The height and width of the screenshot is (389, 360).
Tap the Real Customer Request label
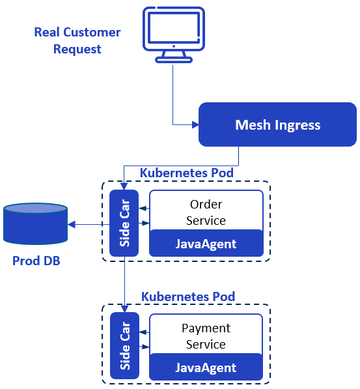click(77, 40)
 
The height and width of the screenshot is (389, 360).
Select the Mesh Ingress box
click(277, 124)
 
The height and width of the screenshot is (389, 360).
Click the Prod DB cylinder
click(35, 223)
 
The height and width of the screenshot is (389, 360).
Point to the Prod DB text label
click(36, 261)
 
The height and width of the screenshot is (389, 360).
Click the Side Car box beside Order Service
click(124, 223)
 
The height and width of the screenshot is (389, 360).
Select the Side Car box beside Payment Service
click(124, 345)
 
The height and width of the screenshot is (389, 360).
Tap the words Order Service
click(206, 212)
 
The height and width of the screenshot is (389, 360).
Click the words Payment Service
click(206, 336)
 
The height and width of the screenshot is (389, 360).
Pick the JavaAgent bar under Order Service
click(206, 244)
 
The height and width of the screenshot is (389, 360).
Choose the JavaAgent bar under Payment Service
click(206, 367)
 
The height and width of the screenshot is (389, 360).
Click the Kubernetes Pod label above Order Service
click(187, 173)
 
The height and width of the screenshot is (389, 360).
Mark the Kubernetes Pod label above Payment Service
click(188, 296)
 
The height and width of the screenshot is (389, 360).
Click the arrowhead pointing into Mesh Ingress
click(195, 124)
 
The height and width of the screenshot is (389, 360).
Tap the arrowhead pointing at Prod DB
click(72, 225)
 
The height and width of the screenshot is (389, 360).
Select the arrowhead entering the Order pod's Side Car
click(124, 186)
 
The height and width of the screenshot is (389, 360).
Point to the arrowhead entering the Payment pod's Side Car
click(124, 309)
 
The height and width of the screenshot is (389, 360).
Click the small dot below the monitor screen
click(174, 46)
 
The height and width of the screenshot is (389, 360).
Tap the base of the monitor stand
click(174, 60)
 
